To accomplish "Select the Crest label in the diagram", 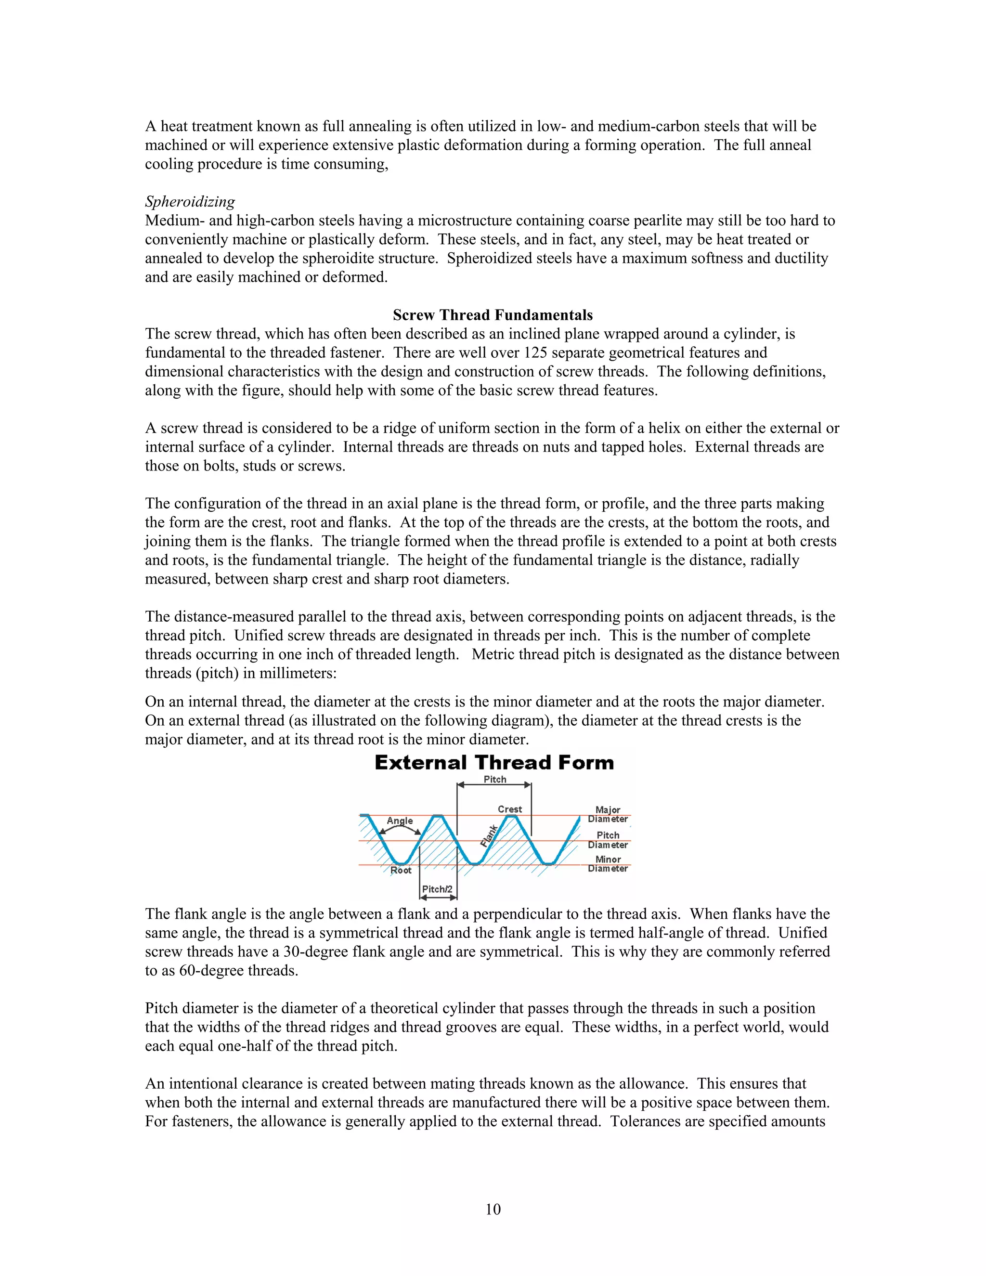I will click(509, 809).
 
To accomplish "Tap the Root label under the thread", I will click(401, 870).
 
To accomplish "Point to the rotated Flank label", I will click(488, 835).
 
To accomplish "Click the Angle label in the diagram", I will click(400, 820).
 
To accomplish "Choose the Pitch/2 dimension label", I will click(437, 889).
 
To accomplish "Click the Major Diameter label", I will click(608, 814).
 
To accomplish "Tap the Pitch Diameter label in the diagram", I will click(608, 840).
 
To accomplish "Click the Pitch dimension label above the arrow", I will click(495, 780).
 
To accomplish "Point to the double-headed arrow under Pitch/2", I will click(438, 898).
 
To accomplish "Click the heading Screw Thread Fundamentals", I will click(493, 315).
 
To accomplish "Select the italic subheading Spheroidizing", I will click(190, 202).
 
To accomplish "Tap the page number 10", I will click(493, 1209).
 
